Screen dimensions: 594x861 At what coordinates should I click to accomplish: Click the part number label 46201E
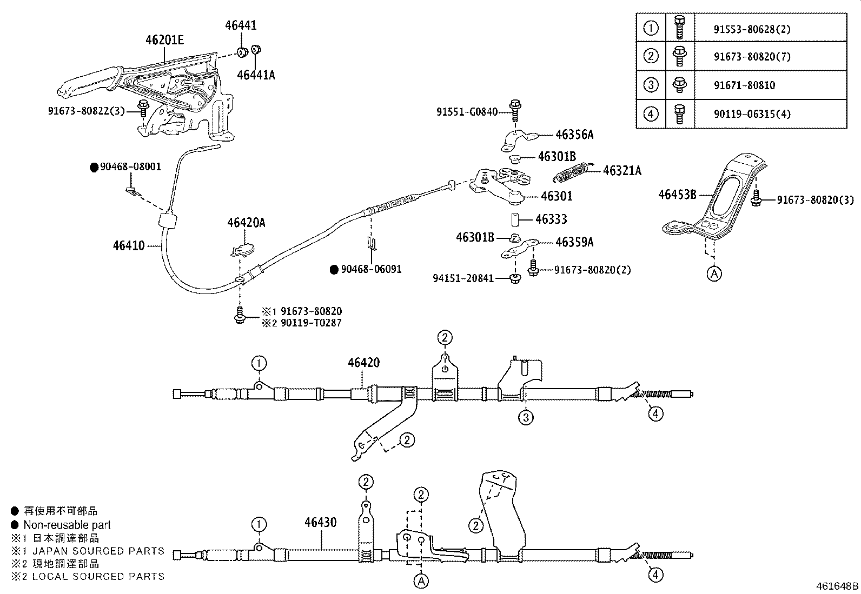(x=164, y=39)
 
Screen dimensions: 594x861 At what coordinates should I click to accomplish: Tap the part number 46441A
(x=256, y=75)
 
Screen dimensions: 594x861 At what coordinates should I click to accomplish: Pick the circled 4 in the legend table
(x=651, y=114)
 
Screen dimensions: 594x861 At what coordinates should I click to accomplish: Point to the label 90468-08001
(x=130, y=167)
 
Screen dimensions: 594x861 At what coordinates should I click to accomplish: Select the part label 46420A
(x=246, y=223)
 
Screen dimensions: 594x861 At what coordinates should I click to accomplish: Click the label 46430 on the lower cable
(x=320, y=523)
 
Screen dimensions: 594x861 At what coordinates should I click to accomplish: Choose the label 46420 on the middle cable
(x=363, y=363)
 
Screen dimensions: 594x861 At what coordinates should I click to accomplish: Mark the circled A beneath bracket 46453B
(x=714, y=274)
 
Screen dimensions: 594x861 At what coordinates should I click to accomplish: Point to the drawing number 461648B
(x=837, y=586)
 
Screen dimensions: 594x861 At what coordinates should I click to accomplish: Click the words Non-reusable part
(x=67, y=525)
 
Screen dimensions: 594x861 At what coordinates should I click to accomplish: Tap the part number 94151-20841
(x=463, y=278)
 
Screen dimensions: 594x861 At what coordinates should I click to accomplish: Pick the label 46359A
(x=574, y=242)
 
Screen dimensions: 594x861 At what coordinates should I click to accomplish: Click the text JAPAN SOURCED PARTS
(x=98, y=551)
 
